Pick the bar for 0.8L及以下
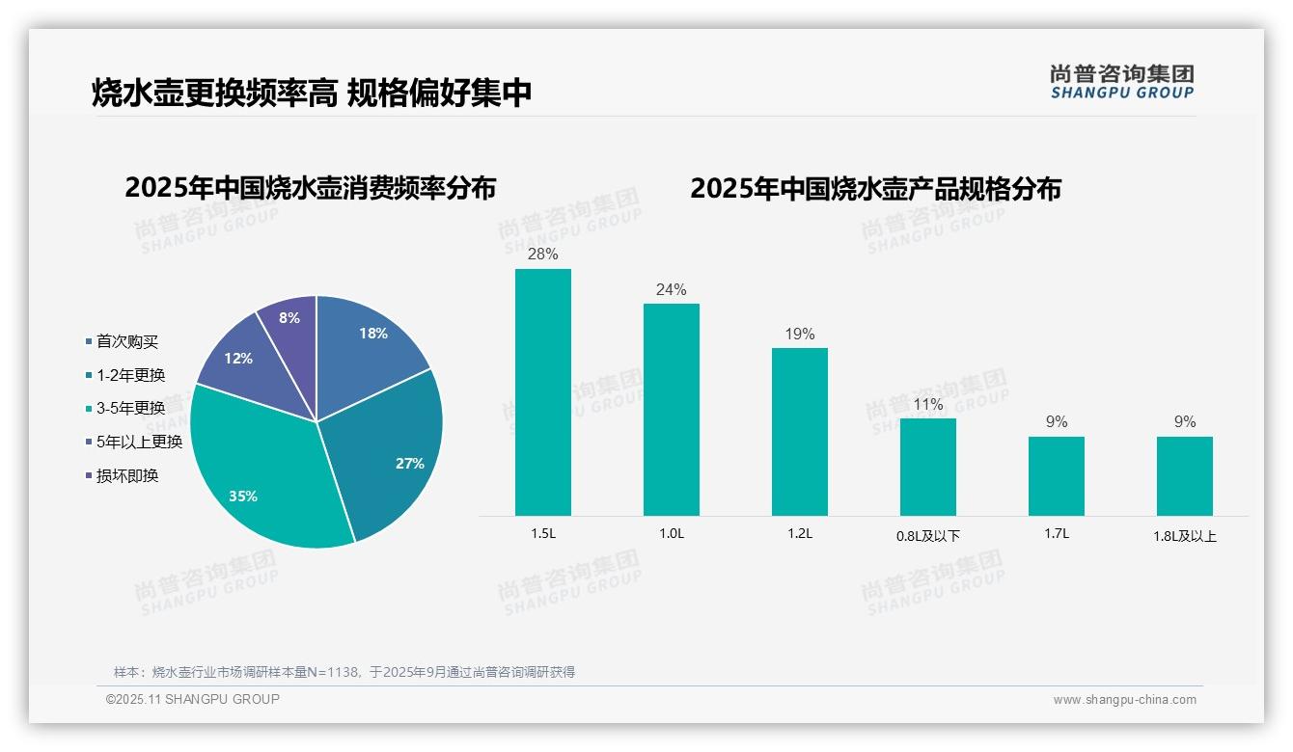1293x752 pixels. pyautogui.click(x=928, y=467)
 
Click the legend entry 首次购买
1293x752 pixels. pyautogui.click(x=126, y=341)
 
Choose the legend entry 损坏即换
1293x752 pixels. pyautogui.click(x=126, y=475)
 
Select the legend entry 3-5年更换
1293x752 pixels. pyautogui.click(x=130, y=408)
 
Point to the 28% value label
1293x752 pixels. pyautogui.click(x=543, y=255)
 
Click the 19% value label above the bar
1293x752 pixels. pyautogui.click(x=800, y=335)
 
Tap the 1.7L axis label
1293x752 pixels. pyautogui.click(x=1057, y=533)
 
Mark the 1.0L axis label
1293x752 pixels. pyautogui.click(x=672, y=533)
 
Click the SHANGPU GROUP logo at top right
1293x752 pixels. pyautogui.click(x=1122, y=81)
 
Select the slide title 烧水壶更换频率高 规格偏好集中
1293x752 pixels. pyautogui.click(x=312, y=94)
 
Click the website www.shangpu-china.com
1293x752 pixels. pyautogui.click(x=1124, y=700)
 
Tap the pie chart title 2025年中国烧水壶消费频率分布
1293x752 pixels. pyautogui.click(x=310, y=188)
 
